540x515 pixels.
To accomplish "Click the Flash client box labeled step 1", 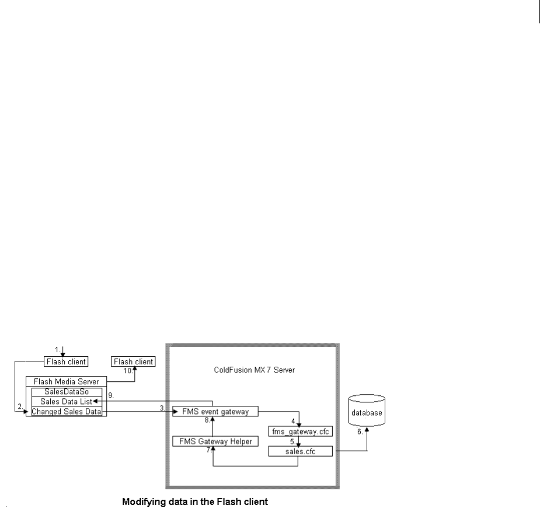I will [x=66, y=362].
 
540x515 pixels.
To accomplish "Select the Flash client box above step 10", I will [x=134, y=362].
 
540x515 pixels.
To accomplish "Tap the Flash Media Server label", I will [x=66, y=381].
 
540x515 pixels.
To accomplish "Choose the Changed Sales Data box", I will [x=66, y=412].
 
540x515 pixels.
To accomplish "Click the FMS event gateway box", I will [x=215, y=412].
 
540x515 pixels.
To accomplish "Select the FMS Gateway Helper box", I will [x=215, y=441].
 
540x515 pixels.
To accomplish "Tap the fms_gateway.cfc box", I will [x=300, y=432].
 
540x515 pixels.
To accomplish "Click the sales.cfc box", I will [x=300, y=451].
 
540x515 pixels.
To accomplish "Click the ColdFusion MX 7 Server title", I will [x=252, y=370].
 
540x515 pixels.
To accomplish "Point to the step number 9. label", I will [x=110, y=396].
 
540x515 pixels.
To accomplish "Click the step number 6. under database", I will [x=360, y=433].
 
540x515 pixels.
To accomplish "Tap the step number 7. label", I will [x=208, y=450].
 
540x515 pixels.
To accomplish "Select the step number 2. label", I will [x=20, y=406].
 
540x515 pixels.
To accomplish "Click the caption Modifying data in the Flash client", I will [x=194, y=501].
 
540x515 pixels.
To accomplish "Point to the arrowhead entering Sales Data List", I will [x=96, y=402].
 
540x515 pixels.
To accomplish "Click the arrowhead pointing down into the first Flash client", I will [x=63, y=354].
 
